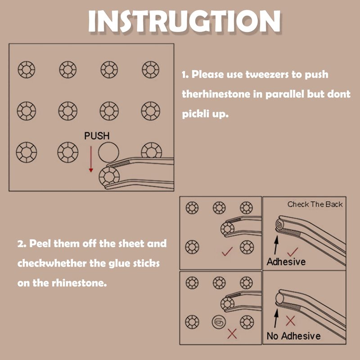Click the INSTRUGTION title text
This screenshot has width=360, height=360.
tap(184, 21)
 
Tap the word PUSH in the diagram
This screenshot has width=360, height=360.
tap(97, 136)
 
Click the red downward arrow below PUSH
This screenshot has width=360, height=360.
tap(91, 159)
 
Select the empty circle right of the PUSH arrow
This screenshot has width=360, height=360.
tap(108, 152)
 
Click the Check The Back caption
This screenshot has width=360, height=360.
tap(315, 204)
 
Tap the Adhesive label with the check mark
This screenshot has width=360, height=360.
tap(286, 262)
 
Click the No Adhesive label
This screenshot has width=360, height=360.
tap(294, 336)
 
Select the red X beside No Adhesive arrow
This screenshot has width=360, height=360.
tap(290, 321)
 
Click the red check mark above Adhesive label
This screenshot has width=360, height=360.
tap(292, 252)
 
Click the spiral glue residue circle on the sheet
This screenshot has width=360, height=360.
tap(219, 322)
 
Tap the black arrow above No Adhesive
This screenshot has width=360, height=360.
tap(276, 318)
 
